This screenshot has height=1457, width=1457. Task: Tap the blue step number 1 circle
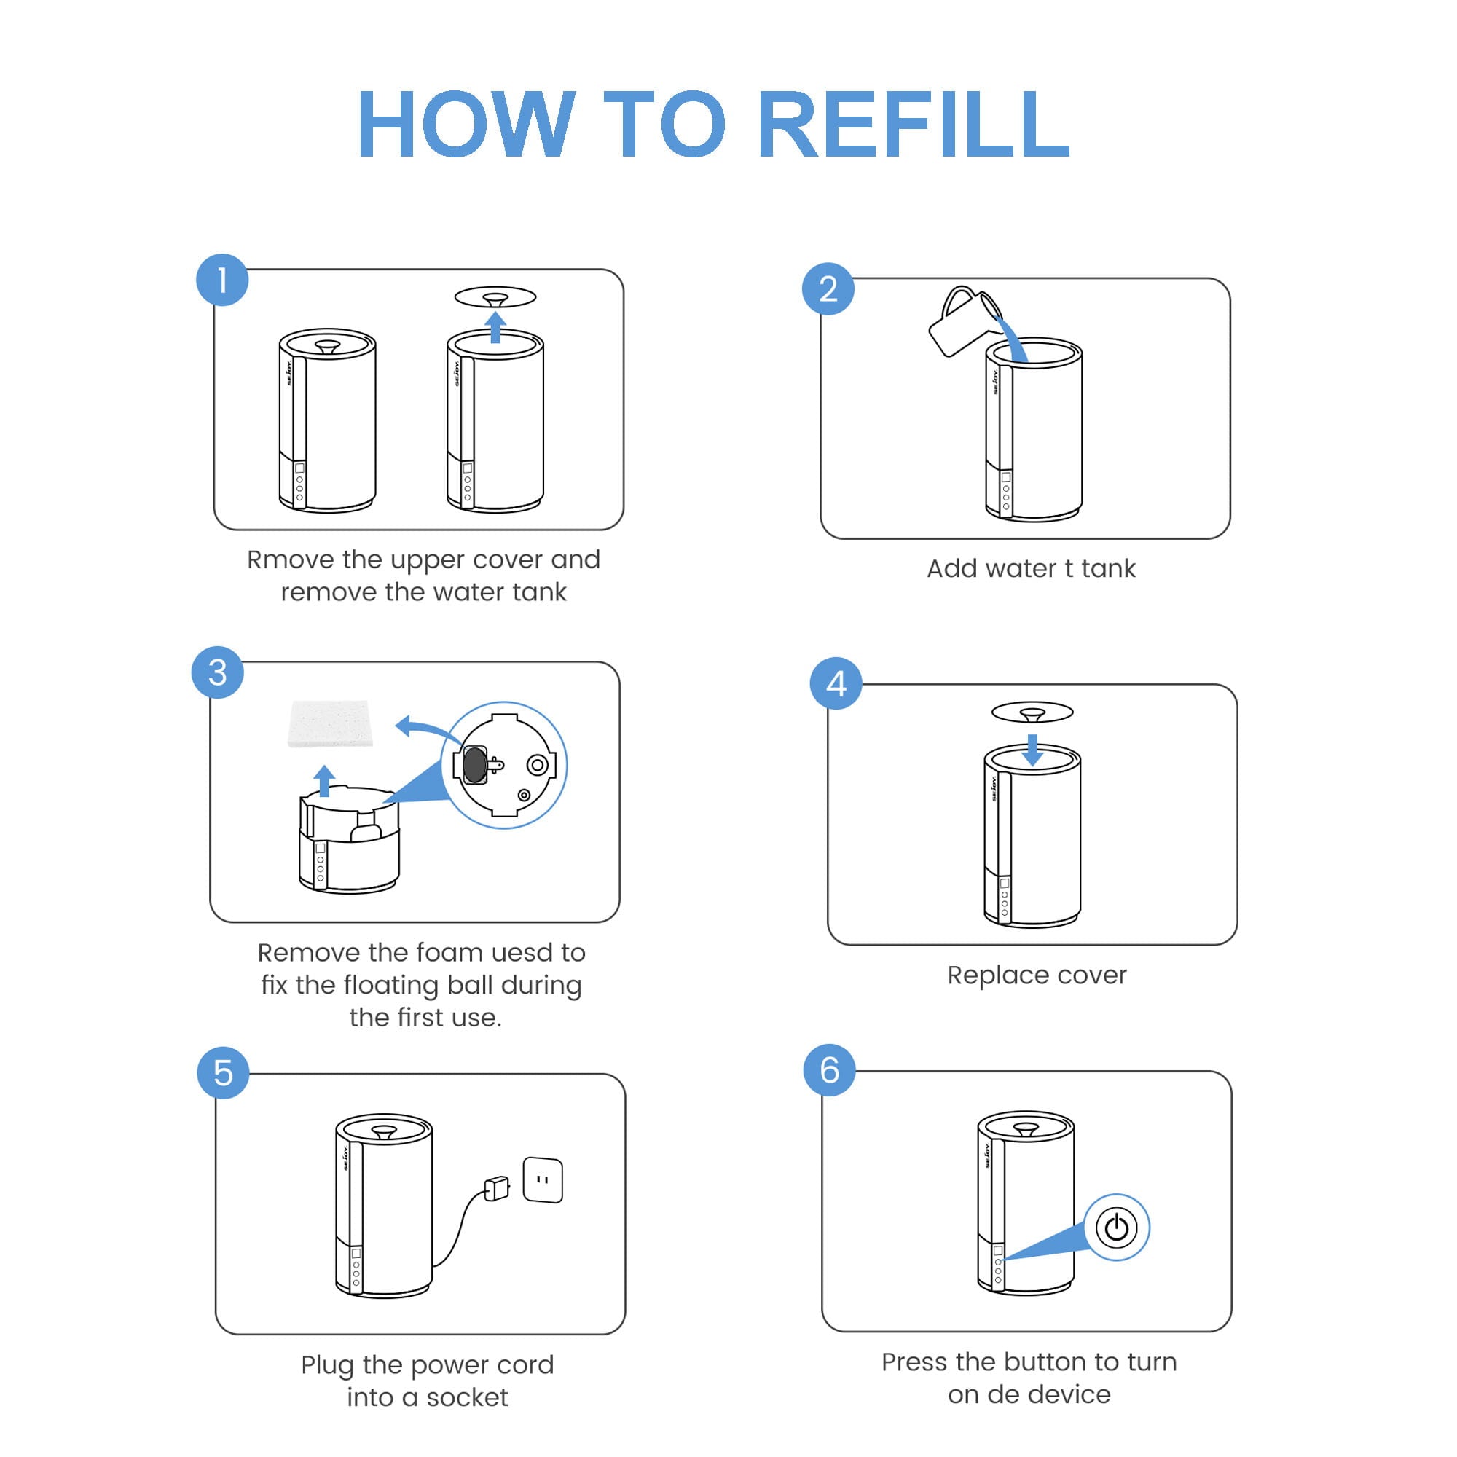click(222, 280)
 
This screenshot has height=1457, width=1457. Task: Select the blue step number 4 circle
click(836, 683)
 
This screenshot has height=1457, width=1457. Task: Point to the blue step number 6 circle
click(829, 1069)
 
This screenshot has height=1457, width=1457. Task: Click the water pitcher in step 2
click(962, 321)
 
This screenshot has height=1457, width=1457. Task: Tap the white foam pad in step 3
click(330, 723)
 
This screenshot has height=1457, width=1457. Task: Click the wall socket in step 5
click(542, 1179)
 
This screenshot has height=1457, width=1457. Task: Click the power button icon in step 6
click(1116, 1228)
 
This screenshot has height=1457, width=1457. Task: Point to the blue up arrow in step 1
click(495, 327)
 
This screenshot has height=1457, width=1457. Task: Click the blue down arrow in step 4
click(1032, 750)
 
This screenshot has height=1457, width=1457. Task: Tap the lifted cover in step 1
click(495, 296)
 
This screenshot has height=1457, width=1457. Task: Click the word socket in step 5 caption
click(467, 1397)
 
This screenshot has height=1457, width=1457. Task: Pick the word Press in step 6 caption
click(914, 1362)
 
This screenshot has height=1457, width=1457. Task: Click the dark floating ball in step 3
click(474, 765)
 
